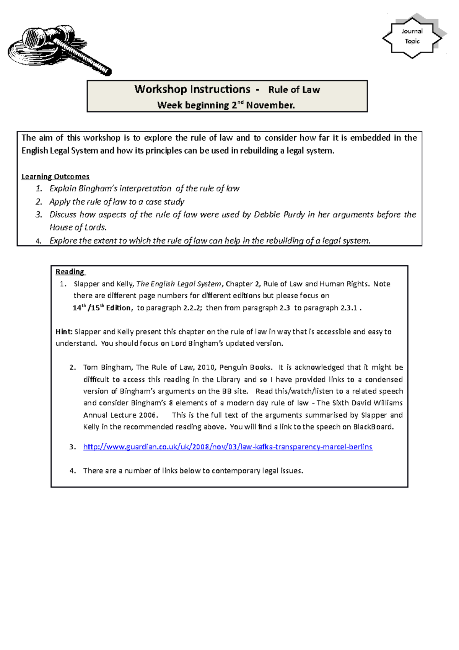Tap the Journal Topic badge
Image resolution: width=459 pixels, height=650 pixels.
[x=412, y=36]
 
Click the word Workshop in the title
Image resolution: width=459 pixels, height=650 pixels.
[x=161, y=90]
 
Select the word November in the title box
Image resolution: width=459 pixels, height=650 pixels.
[x=270, y=105]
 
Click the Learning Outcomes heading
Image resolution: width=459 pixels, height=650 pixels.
[x=55, y=176]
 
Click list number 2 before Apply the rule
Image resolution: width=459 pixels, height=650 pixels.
[x=39, y=202]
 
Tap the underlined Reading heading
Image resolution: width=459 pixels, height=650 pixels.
[x=70, y=272]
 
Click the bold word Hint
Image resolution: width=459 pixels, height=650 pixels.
[x=63, y=332]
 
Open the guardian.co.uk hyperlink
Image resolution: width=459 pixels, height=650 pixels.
[x=228, y=447]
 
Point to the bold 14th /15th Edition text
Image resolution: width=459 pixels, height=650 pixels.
[x=103, y=308]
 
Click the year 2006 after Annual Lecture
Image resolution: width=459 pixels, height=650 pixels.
[x=148, y=415]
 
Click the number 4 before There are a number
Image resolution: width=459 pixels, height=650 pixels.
[x=72, y=471]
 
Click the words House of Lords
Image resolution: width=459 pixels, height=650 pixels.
[x=78, y=227]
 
